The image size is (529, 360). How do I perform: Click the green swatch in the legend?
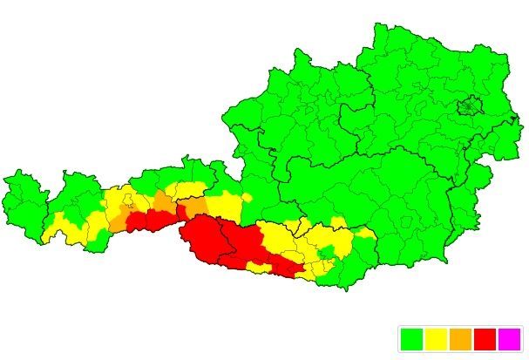[411, 338]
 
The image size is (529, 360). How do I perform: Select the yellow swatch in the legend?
[436, 338]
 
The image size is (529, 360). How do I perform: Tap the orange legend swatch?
[460, 338]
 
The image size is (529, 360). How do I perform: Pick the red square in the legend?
[485, 338]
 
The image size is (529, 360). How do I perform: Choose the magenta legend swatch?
[509, 338]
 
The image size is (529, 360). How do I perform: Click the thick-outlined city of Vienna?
[471, 106]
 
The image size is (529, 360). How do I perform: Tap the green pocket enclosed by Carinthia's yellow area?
[326, 252]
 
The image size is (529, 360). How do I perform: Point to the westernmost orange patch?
[118, 221]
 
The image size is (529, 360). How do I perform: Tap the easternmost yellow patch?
[364, 233]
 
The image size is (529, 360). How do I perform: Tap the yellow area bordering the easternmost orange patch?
[222, 206]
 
